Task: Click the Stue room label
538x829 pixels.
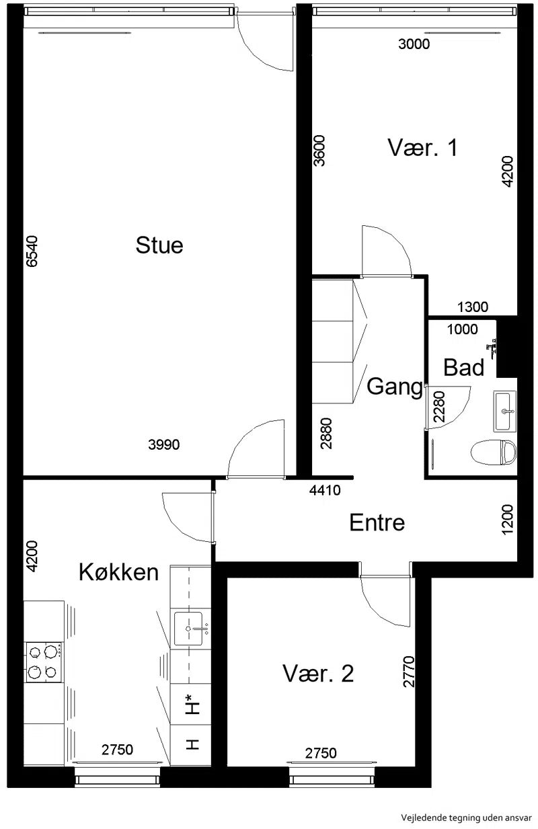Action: [159, 245]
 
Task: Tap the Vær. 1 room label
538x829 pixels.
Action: [422, 147]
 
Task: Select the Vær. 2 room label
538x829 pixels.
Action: [318, 674]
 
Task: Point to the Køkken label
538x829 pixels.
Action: [119, 572]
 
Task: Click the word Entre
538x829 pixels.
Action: [377, 522]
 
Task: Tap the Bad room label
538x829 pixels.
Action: [463, 368]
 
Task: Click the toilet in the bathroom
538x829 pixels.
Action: [493, 452]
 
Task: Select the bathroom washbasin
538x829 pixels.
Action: [504, 411]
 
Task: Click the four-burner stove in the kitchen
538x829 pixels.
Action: [44, 662]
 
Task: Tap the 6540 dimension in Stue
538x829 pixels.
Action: [32, 251]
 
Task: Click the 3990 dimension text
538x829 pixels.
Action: [163, 444]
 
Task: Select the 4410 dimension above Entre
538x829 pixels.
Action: [325, 490]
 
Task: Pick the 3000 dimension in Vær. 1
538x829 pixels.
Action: [414, 44]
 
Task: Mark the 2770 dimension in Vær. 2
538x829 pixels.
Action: [409, 672]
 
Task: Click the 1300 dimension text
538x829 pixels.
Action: [473, 307]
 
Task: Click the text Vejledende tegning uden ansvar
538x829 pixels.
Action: [467, 817]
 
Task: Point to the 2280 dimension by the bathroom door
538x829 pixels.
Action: [439, 407]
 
